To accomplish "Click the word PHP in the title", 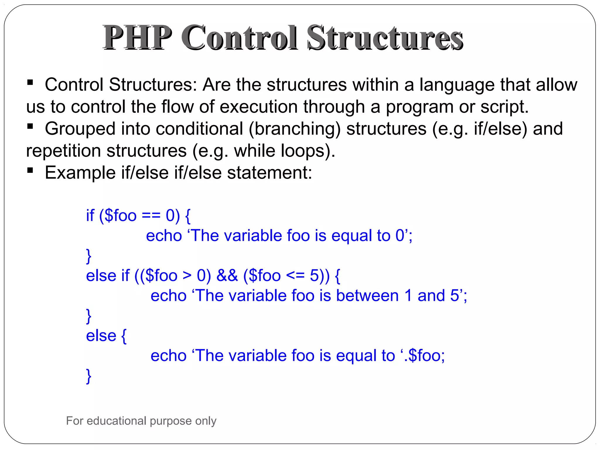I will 137,38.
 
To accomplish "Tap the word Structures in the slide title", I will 385,38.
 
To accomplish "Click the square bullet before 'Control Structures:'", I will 30,82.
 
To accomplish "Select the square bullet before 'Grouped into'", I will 30,126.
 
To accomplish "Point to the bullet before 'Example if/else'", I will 30,170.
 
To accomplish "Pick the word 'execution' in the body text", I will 258,107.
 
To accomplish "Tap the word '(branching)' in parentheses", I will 295,129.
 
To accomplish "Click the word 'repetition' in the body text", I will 63,151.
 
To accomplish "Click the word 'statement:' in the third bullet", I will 270,173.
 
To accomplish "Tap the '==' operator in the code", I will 151,216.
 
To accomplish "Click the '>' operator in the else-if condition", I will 187,276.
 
